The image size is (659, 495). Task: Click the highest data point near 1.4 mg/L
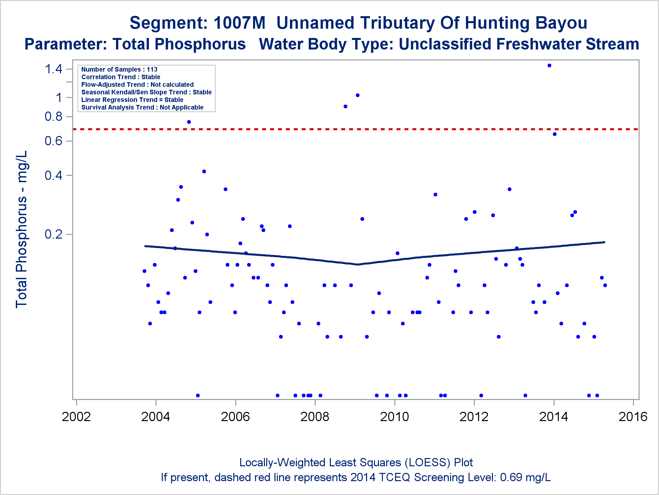[549, 66]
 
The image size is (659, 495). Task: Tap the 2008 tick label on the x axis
[315, 417]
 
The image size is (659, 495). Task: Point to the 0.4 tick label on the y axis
[53, 175]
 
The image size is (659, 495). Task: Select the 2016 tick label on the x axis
[633, 417]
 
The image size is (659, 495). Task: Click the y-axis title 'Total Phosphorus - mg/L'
[22, 229]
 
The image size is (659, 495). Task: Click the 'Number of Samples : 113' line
[119, 69]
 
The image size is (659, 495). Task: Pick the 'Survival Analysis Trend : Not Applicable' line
[142, 107]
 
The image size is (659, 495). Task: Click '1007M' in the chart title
[239, 23]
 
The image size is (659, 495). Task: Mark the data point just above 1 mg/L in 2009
[358, 95]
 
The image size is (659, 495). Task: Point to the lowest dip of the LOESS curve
[357, 264]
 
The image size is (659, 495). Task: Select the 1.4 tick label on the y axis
[53, 69]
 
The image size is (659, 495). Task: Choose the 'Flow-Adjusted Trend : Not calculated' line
[137, 84]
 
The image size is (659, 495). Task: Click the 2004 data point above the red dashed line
[189, 122]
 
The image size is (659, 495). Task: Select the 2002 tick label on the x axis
[76, 417]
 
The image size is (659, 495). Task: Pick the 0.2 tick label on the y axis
[53, 234]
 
